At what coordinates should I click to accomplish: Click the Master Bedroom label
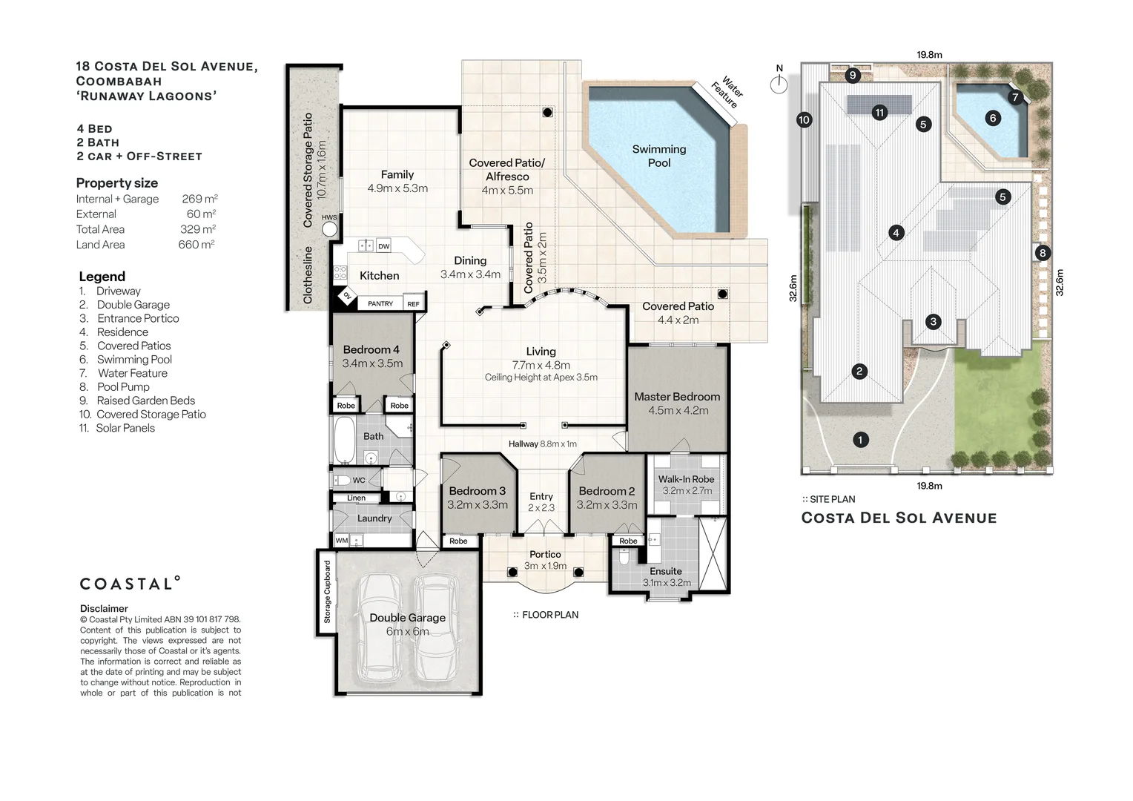coord(677,397)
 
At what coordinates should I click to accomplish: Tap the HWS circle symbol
coord(329,228)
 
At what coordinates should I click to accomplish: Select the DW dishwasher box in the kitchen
coord(383,246)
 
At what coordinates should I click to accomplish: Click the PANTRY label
coord(380,304)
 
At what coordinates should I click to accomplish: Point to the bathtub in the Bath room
coord(344,441)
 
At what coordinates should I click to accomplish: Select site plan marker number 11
coord(879,113)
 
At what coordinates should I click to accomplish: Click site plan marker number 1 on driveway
coord(860,440)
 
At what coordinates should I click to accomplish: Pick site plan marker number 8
coord(1043,253)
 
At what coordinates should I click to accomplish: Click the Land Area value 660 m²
coord(196,245)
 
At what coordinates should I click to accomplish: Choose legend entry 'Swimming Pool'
coord(134,360)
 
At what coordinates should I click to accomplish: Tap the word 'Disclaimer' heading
coord(104,609)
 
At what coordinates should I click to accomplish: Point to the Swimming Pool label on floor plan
coord(658,156)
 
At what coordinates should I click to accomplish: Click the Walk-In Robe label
coord(686,480)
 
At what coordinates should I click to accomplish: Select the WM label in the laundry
coord(341,541)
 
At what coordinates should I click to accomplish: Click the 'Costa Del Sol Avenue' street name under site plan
coord(899,518)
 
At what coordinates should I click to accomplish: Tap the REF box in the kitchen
coord(413,304)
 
